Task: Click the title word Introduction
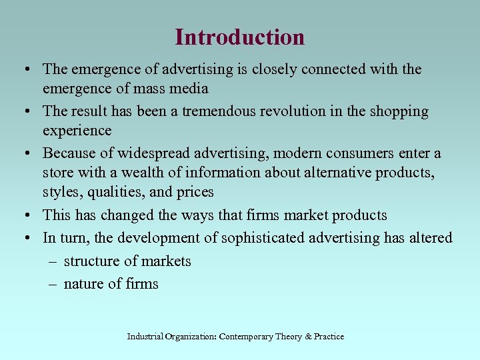pos(239,37)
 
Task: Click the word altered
pos(431,238)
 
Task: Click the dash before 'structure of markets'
pos(53,261)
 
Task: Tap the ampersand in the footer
pos(308,337)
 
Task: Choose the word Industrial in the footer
pos(147,337)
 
